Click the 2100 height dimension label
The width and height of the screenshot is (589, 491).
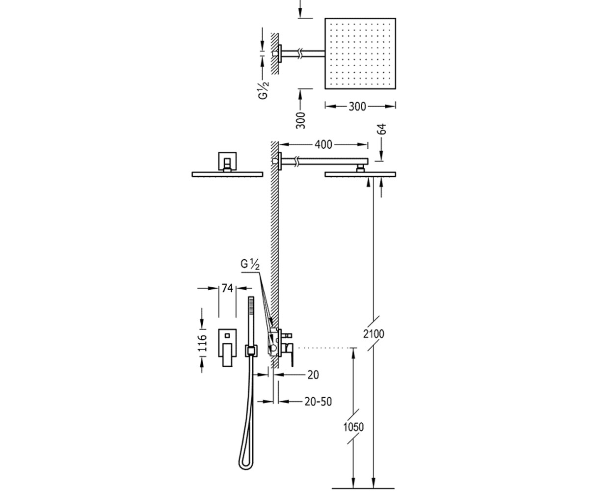374,334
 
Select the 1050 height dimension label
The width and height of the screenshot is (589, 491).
353,427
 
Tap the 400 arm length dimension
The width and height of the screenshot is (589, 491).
323,144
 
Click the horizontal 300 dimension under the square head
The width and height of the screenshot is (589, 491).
357,107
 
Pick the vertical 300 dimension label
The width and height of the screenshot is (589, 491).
301,120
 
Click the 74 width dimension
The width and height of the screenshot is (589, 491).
227,288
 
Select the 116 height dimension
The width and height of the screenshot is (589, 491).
202,343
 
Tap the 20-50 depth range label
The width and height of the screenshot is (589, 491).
318,402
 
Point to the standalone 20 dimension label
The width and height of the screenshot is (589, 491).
313,375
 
